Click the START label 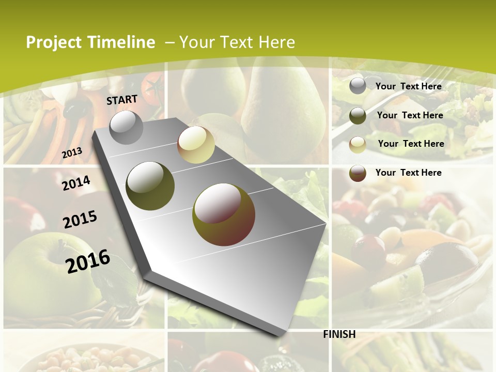122,100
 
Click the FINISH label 339,334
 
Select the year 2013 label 72,153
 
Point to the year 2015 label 80,220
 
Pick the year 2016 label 88,261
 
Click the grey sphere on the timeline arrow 126,127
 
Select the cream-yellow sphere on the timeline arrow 196,145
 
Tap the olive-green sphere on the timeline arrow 150,185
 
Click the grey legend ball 358,86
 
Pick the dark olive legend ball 358,116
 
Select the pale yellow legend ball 358,144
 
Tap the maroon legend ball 358,173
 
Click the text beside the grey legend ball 408,86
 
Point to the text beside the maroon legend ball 408,173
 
